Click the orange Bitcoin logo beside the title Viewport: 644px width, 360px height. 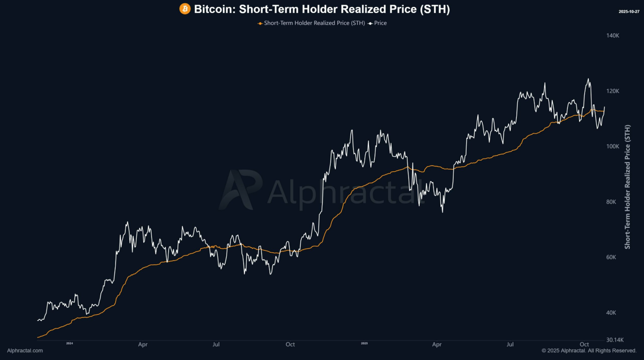tap(185, 9)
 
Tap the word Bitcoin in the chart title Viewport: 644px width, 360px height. tap(214, 9)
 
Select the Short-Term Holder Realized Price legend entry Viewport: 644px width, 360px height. tap(311, 23)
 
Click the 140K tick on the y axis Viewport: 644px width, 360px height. tap(613, 35)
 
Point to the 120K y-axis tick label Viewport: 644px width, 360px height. tap(613, 91)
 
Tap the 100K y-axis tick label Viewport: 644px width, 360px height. tap(613, 146)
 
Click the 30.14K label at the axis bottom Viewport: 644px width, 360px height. tap(615, 340)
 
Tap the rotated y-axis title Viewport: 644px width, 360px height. tap(627, 186)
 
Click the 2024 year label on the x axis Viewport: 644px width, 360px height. tap(70, 343)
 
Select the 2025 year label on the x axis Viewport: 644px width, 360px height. tap(364, 343)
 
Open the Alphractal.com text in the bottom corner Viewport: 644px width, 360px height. tap(25, 351)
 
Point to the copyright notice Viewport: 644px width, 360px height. tap(589, 351)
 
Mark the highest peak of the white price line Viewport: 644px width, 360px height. tap(588, 79)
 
